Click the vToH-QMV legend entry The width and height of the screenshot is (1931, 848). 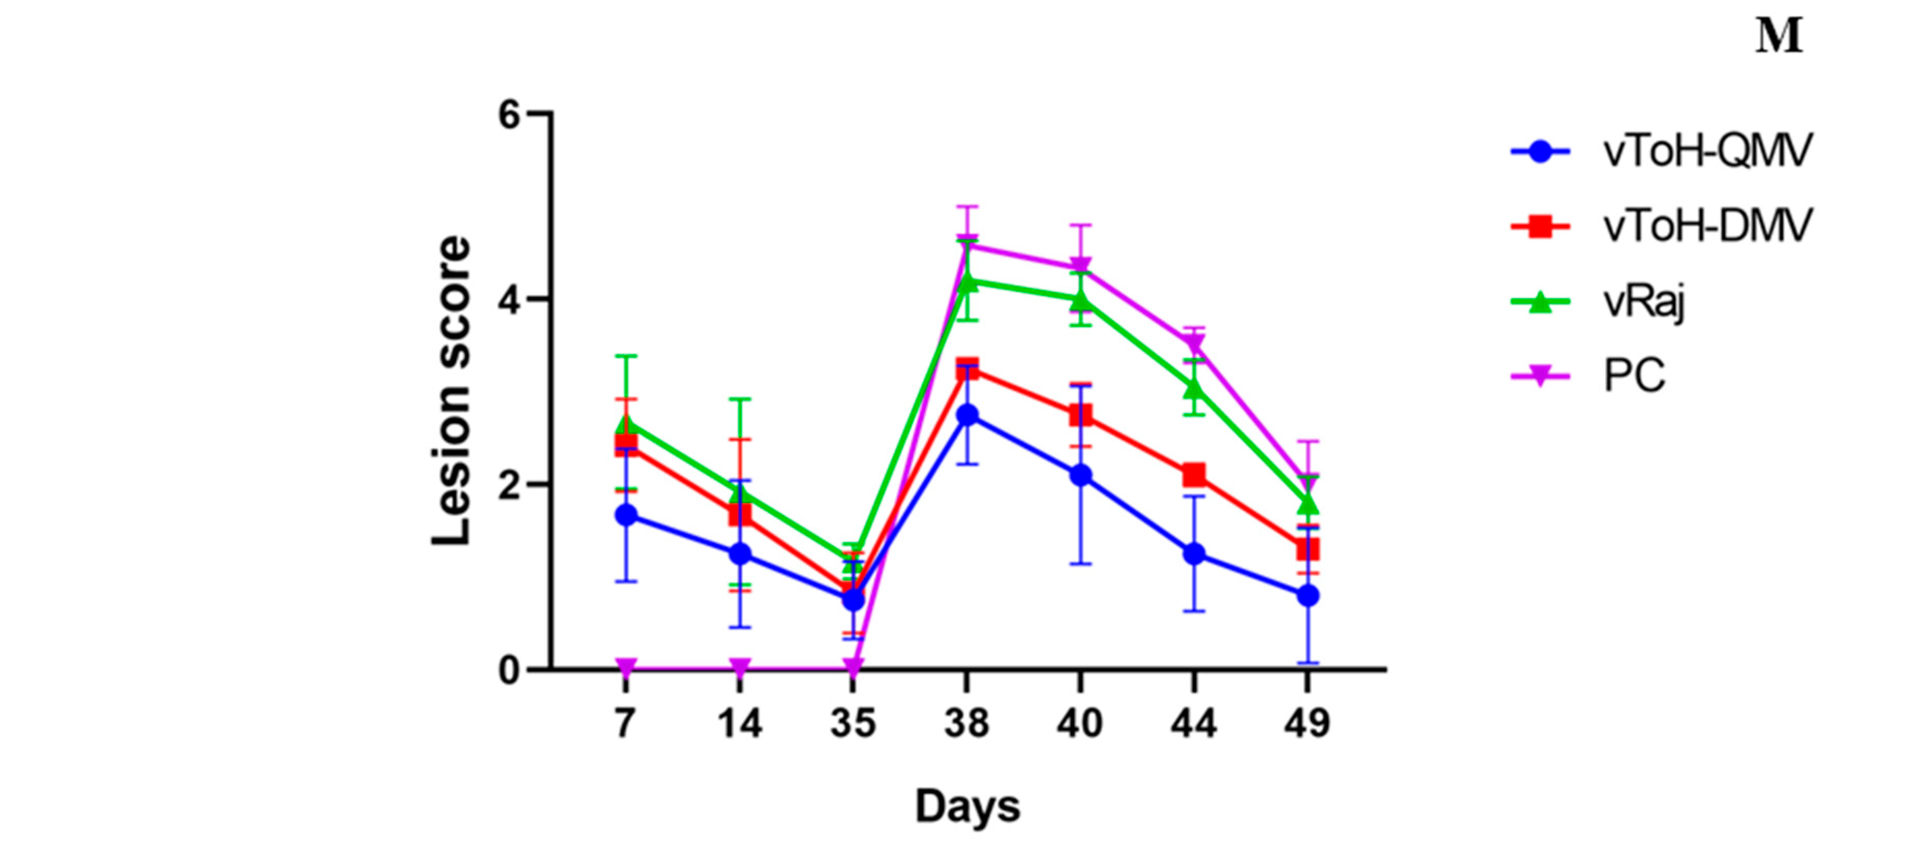click(1707, 151)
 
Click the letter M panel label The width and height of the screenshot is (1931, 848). click(1779, 37)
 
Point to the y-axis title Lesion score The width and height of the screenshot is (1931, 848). click(452, 391)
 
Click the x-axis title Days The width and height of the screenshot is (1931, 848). click(967, 807)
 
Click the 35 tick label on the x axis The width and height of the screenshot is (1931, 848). click(853, 723)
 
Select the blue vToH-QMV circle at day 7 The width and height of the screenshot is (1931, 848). click(627, 515)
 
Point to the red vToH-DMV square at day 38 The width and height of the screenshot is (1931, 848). click(967, 369)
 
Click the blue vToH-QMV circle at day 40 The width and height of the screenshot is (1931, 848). click(1080, 474)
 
